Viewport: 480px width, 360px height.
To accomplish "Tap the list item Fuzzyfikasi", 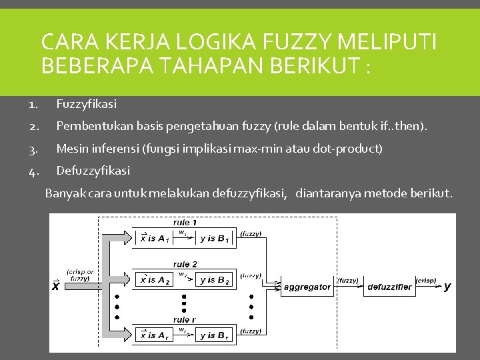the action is pyautogui.click(x=86, y=103).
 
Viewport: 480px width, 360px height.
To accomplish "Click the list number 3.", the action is pyautogui.click(x=33, y=149).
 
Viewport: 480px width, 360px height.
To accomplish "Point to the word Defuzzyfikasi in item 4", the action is pyautogui.click(x=93, y=171).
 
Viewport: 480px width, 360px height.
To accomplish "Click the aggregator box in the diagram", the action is pyautogui.click(x=307, y=287).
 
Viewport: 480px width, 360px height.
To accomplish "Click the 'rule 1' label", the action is pyautogui.click(x=185, y=222).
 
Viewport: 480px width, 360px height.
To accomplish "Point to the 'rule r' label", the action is pyautogui.click(x=184, y=320).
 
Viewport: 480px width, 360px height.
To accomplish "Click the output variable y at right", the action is pyautogui.click(x=447, y=287).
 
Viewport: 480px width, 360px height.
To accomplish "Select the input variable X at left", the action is pyautogui.click(x=56, y=287).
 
